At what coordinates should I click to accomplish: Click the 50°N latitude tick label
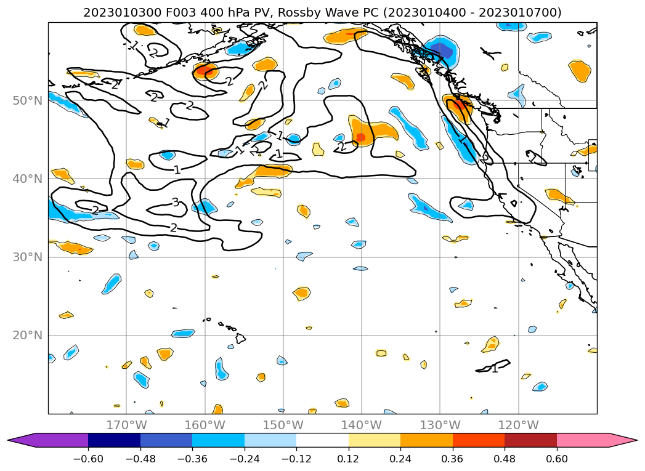coord(27,100)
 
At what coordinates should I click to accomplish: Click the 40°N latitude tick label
coord(27,179)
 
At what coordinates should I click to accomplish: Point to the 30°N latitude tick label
coord(27,257)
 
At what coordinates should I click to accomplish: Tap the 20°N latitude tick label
coord(27,336)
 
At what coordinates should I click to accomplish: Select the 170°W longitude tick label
coord(126,425)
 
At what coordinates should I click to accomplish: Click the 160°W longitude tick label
coord(205,425)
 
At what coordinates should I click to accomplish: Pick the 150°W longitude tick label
coord(283,425)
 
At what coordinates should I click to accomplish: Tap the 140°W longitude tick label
coord(362,425)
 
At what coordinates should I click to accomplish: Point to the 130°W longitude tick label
coord(440,425)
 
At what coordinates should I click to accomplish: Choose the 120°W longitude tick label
coord(519,425)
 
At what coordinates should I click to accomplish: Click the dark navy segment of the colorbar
coord(114,440)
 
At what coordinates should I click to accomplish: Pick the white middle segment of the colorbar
coord(322,440)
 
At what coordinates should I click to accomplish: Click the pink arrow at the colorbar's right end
coord(622,440)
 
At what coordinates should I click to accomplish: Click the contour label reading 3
coord(176,202)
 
